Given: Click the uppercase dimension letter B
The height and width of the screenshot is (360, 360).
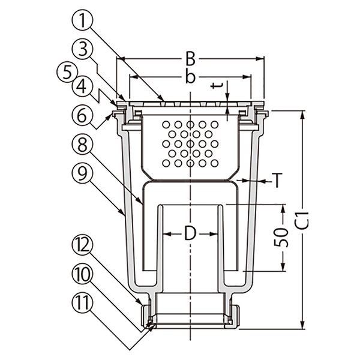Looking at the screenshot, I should coord(190,58).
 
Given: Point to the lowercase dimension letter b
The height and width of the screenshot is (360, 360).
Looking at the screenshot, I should coord(190,77).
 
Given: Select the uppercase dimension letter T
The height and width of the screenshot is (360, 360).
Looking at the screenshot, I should coord(277,179).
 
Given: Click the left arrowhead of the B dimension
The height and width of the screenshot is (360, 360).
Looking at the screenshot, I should coord(119,59).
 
